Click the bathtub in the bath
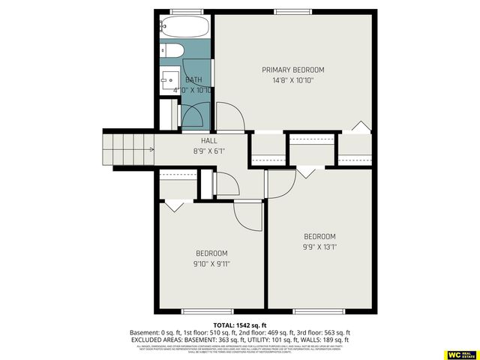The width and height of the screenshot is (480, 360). pos(184,28)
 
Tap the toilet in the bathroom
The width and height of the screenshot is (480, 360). pos(171,51)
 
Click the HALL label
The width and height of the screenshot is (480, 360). pos(209,140)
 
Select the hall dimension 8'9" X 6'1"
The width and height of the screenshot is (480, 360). pos(209,151)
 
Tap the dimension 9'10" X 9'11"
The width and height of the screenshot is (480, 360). pos(211,263)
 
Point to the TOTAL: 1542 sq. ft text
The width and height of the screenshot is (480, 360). pos(239,323)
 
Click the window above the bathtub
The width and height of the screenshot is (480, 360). pos(184,11)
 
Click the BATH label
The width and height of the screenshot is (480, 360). pos(193,80)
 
